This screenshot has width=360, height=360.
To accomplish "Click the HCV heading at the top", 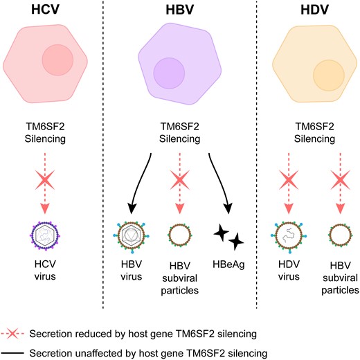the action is (x=45, y=9).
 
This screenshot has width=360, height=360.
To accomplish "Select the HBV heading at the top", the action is (x=180, y=10).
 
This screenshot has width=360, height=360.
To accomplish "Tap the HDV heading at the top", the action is (x=314, y=10).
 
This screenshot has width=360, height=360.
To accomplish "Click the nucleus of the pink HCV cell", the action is (x=57, y=60).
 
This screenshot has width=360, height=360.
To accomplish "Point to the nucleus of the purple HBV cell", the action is (x=169, y=73).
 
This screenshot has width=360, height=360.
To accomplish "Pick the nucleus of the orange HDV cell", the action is (x=329, y=75).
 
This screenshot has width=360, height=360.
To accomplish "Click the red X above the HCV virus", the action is (x=45, y=180).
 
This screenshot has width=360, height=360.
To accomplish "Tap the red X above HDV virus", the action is (x=289, y=180).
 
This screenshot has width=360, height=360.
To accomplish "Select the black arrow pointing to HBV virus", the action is (x=141, y=182).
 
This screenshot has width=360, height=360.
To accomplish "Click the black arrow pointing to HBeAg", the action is (x=219, y=182).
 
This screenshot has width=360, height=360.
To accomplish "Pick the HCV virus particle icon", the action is (x=45, y=236).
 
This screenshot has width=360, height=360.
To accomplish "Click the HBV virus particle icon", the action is (x=131, y=235).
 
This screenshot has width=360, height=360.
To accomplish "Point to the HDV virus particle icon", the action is (x=289, y=235).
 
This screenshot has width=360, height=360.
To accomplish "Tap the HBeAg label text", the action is (x=228, y=264).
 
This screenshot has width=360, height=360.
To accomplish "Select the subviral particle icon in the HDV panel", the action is (x=340, y=235).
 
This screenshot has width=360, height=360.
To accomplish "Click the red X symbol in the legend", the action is (x=12, y=334).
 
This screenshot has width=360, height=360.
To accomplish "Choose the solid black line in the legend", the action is (x=12, y=353).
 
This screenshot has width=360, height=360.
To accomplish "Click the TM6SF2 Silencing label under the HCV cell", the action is (x=45, y=133).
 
